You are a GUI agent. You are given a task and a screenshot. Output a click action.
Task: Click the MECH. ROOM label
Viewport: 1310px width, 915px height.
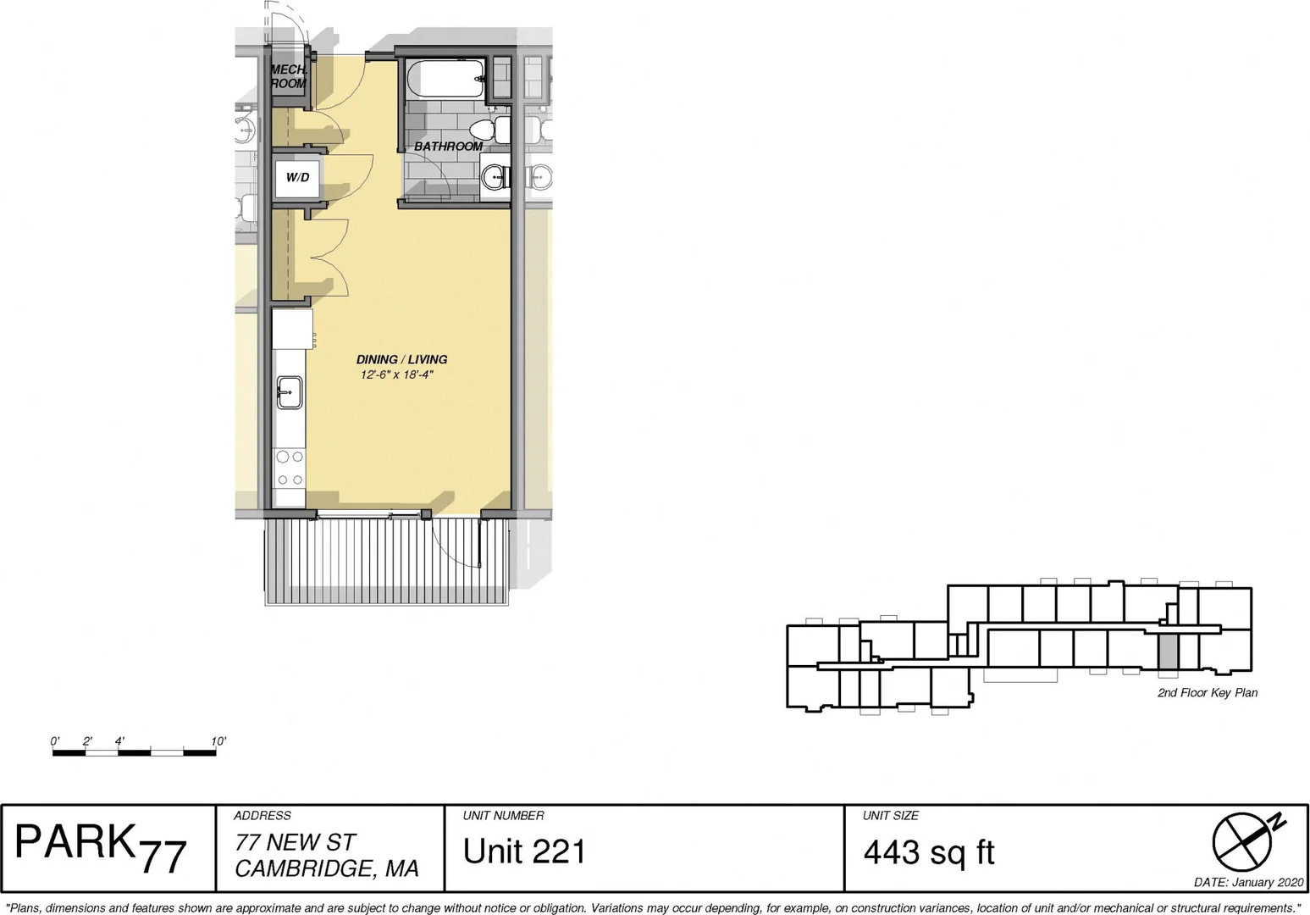pos(289,76)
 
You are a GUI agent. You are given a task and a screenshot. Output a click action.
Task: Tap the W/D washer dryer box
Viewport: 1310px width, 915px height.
pos(298,177)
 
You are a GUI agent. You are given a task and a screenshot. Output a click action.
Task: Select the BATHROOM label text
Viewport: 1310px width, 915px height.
pos(449,147)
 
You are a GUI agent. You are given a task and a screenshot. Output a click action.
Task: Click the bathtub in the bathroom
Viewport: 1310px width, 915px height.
pos(445,79)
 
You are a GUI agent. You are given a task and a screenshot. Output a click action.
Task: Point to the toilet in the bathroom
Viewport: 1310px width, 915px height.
pos(490,130)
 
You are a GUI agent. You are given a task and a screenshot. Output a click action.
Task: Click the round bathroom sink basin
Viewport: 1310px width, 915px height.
pos(495,175)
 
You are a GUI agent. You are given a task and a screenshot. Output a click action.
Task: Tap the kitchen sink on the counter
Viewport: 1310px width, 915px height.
pos(289,392)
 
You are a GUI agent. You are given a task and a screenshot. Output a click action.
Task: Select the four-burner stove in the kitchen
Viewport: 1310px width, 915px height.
pos(290,468)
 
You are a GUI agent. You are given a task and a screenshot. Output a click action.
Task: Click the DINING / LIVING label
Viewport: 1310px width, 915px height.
pos(401,359)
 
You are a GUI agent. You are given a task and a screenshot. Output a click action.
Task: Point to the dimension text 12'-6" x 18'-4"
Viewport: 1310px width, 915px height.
pos(397,374)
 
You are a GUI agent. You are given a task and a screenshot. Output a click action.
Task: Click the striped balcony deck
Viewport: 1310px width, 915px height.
pos(387,562)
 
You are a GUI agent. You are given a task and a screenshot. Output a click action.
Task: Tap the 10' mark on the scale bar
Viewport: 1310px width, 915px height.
pos(218,741)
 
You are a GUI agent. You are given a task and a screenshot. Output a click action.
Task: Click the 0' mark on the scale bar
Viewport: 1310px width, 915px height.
pos(55,741)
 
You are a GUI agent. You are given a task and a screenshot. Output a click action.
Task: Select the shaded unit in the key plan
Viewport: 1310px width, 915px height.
pos(1168,652)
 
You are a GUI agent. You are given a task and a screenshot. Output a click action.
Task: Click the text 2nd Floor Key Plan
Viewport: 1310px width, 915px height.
pos(1208,693)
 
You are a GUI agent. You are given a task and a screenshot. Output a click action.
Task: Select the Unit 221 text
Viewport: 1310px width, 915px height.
pos(524,851)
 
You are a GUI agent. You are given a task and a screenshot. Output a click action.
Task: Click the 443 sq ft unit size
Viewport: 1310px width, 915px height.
pos(929,852)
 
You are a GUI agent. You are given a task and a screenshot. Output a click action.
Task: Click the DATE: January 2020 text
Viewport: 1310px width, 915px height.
pos(1248,883)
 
